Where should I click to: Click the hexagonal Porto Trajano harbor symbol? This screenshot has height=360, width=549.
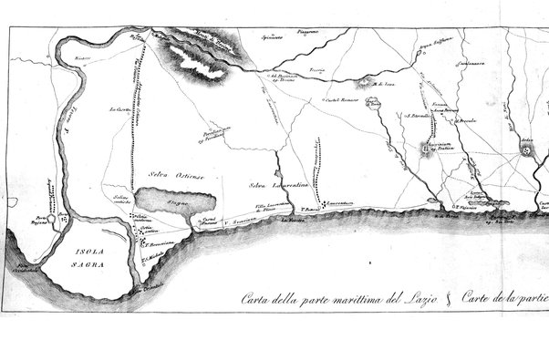coord(61,220)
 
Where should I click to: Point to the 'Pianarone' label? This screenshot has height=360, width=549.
coord(307,32)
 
